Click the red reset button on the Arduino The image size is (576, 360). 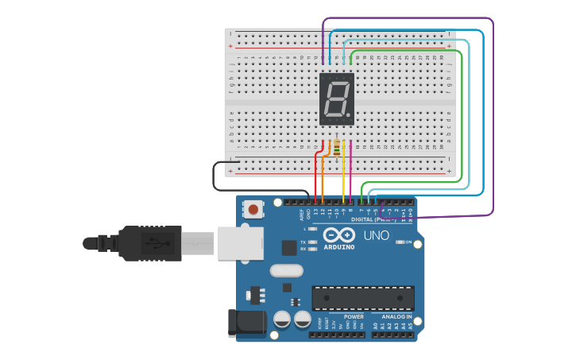(x=253, y=210)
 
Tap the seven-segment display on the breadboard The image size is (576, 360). (x=337, y=99)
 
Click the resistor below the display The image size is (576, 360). (x=336, y=148)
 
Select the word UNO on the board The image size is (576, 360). (x=376, y=236)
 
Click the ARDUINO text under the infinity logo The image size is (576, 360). (x=339, y=247)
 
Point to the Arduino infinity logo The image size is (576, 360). (x=339, y=236)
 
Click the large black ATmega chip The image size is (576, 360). (x=363, y=297)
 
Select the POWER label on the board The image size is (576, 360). (x=354, y=316)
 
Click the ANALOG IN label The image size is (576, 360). (x=396, y=316)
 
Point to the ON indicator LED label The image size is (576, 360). (x=408, y=242)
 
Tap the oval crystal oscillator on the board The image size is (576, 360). (x=286, y=270)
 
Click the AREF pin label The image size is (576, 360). (x=301, y=214)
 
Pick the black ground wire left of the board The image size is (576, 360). (x=215, y=176)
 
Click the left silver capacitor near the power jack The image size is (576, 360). (x=281, y=319)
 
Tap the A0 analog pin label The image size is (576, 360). (x=375, y=325)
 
